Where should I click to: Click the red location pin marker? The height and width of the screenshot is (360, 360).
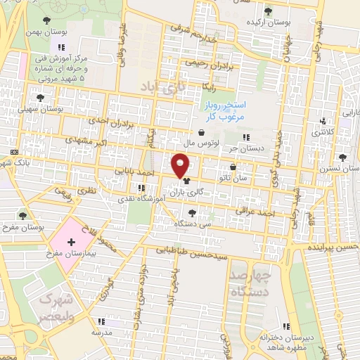coord(181,165)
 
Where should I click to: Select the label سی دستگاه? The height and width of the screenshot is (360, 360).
coord(189,223)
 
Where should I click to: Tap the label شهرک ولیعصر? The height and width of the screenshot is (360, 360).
coord(56,307)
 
